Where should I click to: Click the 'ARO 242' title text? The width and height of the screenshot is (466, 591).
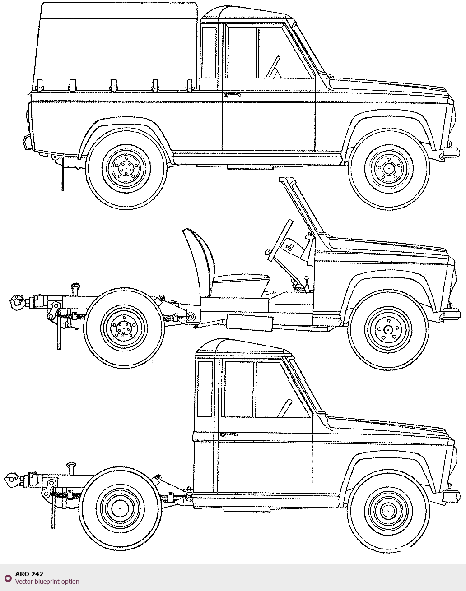tap(29, 574)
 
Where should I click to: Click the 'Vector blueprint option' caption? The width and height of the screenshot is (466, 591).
tap(47, 582)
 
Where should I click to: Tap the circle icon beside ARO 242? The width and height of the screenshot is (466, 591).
tap(8, 578)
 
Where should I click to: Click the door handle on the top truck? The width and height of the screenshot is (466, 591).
tap(232, 95)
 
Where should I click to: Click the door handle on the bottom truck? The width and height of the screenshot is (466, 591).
tap(229, 434)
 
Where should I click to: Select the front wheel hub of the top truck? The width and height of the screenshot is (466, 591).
tap(388, 168)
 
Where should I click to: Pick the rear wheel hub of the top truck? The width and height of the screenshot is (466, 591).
tap(126, 167)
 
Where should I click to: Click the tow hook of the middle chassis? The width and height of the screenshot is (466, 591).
tap(17, 302)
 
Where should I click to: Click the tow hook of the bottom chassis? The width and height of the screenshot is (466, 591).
tap(11, 480)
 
